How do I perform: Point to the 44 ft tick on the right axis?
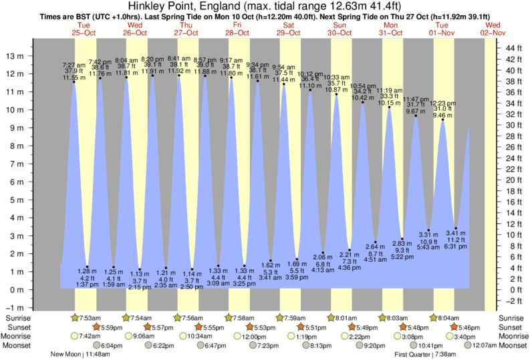pyautogui.click(x=512, y=49)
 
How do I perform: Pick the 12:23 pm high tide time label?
pyautogui.click(x=442, y=104)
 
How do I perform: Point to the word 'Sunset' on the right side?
pyautogui.click(x=511, y=327)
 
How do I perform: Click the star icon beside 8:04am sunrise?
pyautogui.click(x=434, y=318)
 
